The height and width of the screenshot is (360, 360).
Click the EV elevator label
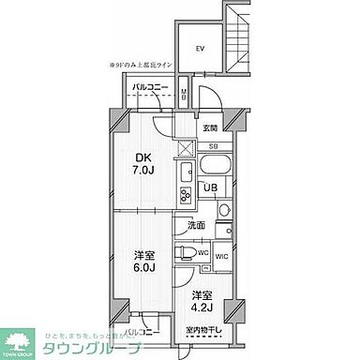point(200,47)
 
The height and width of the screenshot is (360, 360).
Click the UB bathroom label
point(213,187)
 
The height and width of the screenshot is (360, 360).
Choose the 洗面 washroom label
point(195,226)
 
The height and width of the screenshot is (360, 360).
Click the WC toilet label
point(202,253)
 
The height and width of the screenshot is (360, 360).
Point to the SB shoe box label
point(214,145)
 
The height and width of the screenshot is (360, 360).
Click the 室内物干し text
point(203,330)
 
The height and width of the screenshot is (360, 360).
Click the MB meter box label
point(185,94)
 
